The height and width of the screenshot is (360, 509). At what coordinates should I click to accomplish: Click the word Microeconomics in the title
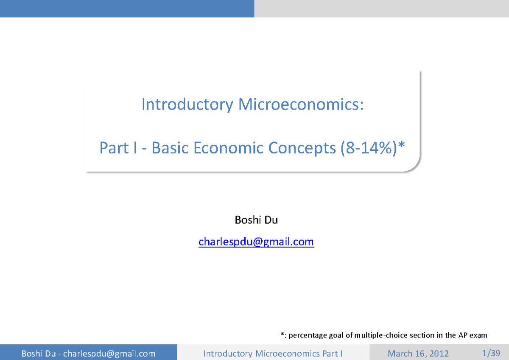pyautogui.click(x=301, y=104)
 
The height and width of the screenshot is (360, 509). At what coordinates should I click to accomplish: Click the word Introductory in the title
pyautogui.click(x=187, y=104)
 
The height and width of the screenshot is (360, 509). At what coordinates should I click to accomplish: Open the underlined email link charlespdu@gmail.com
pyautogui.click(x=256, y=242)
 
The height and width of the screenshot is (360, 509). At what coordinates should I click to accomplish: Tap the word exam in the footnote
pyautogui.click(x=478, y=335)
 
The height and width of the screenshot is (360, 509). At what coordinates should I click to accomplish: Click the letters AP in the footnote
pyautogui.click(x=462, y=335)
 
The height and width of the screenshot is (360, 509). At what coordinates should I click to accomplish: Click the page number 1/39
pyautogui.click(x=492, y=353)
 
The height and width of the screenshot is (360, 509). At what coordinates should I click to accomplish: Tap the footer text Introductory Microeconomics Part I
pyautogui.click(x=273, y=354)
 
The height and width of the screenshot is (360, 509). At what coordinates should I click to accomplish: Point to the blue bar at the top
pyautogui.click(x=127, y=8)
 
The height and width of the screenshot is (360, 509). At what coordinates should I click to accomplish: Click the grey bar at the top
pyautogui.click(x=381, y=8)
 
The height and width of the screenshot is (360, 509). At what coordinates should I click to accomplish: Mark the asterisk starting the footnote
pyautogui.click(x=282, y=335)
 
